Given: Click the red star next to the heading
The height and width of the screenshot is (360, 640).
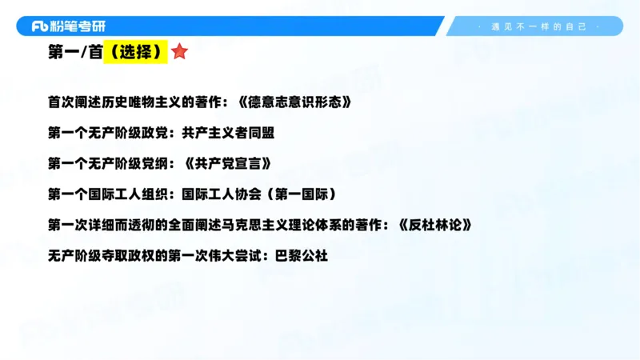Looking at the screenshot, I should (x=179, y=53).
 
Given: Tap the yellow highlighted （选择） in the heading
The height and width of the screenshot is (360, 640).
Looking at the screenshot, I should (x=135, y=54).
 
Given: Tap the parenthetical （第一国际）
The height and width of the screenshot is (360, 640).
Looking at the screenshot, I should (x=299, y=194).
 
